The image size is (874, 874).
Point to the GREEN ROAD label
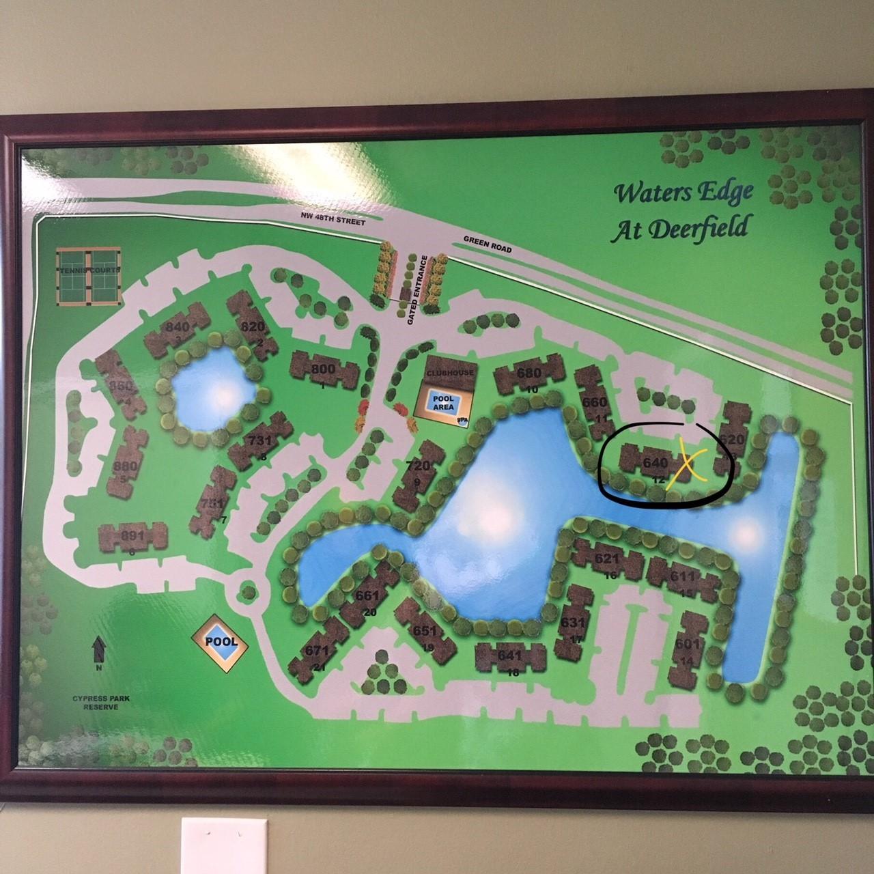[487, 245]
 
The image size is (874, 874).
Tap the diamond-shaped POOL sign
[219, 641]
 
